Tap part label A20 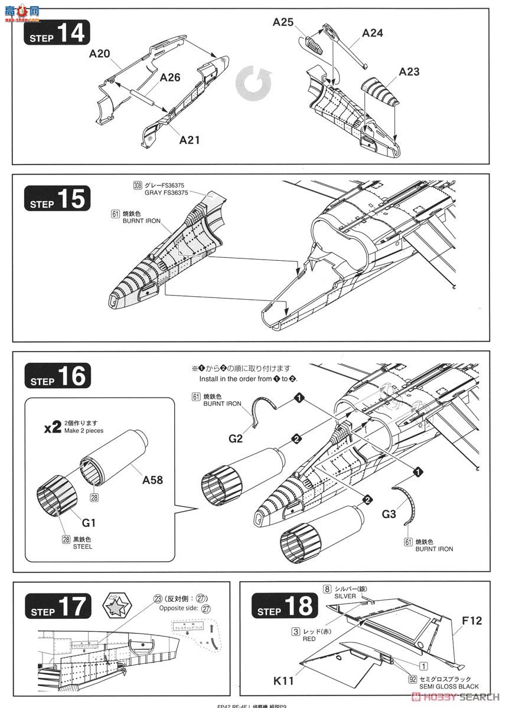[100, 54]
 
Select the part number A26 [169, 77]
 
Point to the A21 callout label [190, 140]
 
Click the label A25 [283, 22]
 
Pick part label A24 [372, 33]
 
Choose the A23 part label [409, 72]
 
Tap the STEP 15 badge [57, 199]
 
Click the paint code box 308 [138, 185]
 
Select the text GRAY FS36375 [167, 193]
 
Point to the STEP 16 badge [57, 376]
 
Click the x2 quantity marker [53, 428]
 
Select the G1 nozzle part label [89, 522]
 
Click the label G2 [236, 438]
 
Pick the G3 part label [389, 514]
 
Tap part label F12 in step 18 [472, 621]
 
